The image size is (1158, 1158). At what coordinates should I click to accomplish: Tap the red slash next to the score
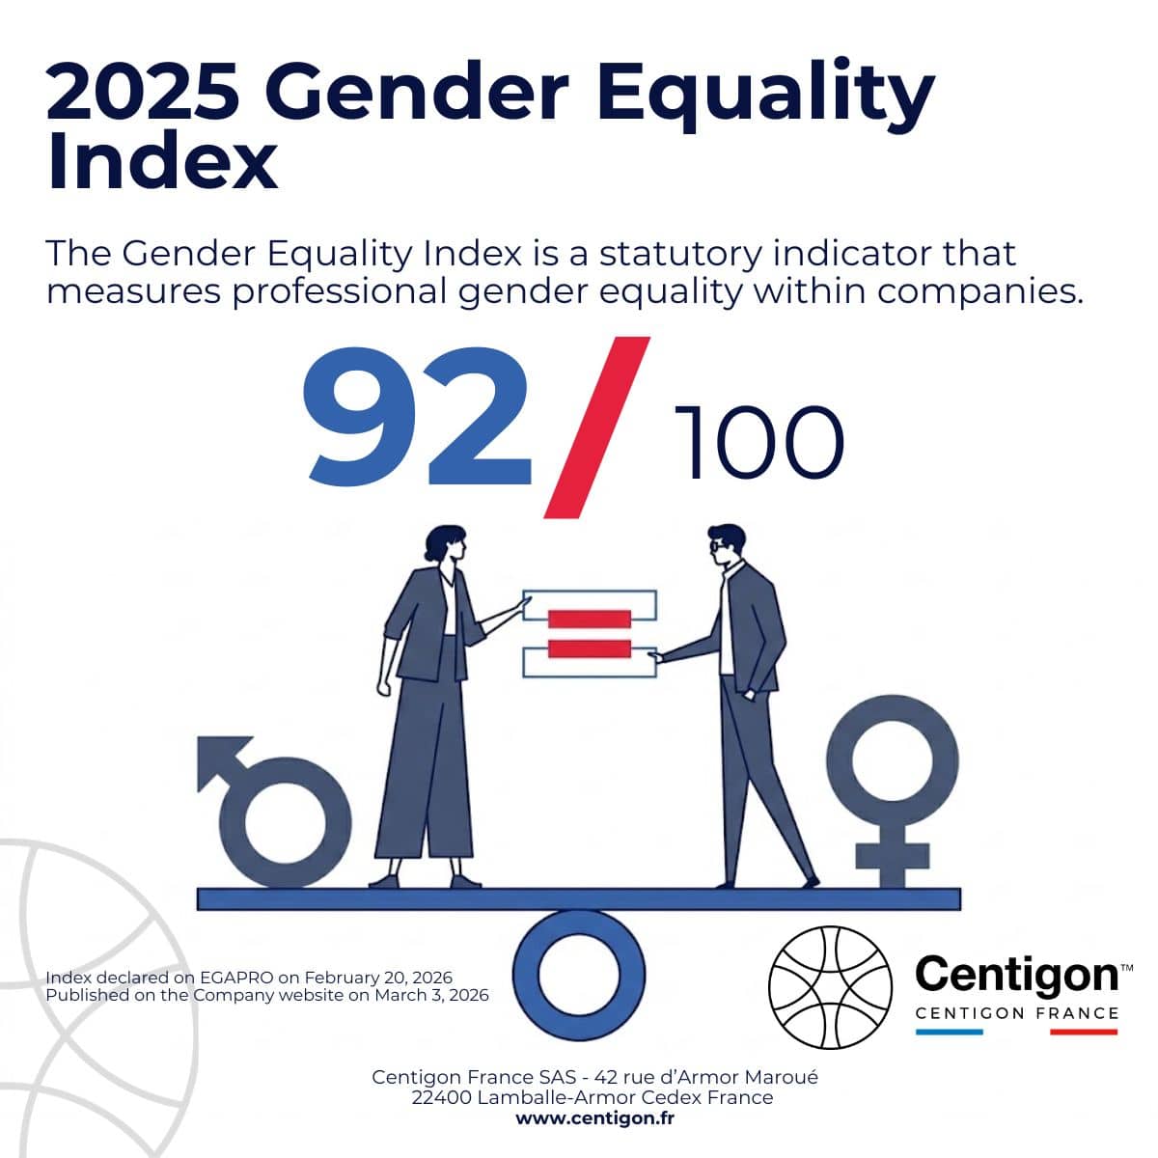(x=596, y=427)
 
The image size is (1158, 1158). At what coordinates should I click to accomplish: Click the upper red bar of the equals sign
(x=589, y=618)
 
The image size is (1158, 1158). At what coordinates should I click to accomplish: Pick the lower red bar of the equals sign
(x=589, y=648)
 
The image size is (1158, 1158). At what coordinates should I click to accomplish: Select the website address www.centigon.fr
(x=594, y=1118)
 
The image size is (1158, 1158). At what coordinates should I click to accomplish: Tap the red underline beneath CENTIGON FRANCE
(x=1083, y=1032)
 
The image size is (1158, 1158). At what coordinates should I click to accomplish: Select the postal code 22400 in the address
(x=440, y=1097)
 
